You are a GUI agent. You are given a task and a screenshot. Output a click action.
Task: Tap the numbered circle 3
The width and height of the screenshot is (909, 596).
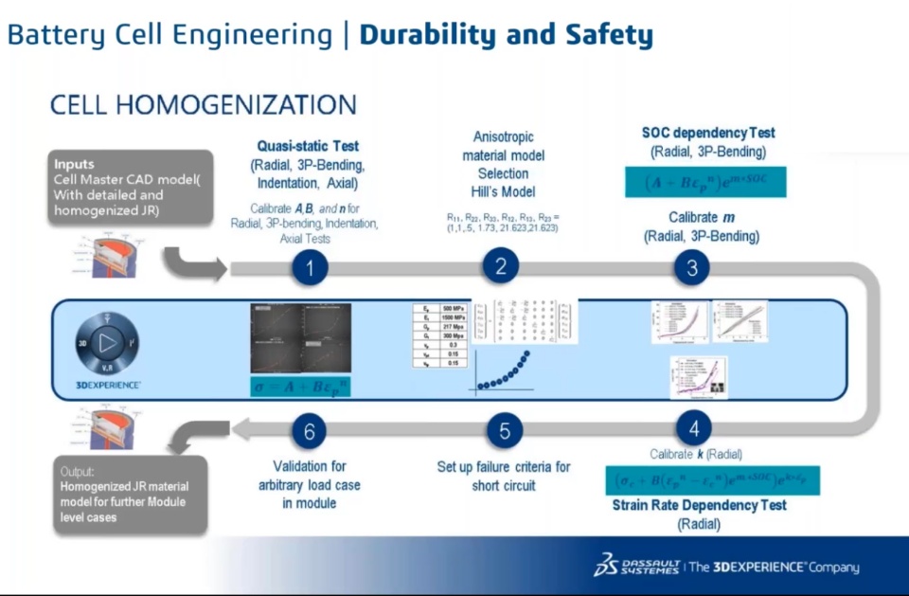coord(692,268)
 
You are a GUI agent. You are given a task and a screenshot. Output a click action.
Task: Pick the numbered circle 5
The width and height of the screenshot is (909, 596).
coord(504,431)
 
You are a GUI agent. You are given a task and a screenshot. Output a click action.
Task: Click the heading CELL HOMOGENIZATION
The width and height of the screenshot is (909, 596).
coord(203,105)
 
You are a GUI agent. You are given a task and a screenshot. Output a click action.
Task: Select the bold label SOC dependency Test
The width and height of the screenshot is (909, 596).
coord(708,133)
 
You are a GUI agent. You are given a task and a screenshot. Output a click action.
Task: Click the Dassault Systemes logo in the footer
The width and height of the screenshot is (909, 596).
coord(624,567)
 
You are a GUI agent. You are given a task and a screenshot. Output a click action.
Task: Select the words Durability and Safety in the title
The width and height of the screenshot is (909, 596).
coord(507,36)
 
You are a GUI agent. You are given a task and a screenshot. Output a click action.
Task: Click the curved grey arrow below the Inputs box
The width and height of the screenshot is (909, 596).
coord(190,263)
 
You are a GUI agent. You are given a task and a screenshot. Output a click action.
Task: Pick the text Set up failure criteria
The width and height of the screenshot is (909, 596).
coord(504,467)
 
